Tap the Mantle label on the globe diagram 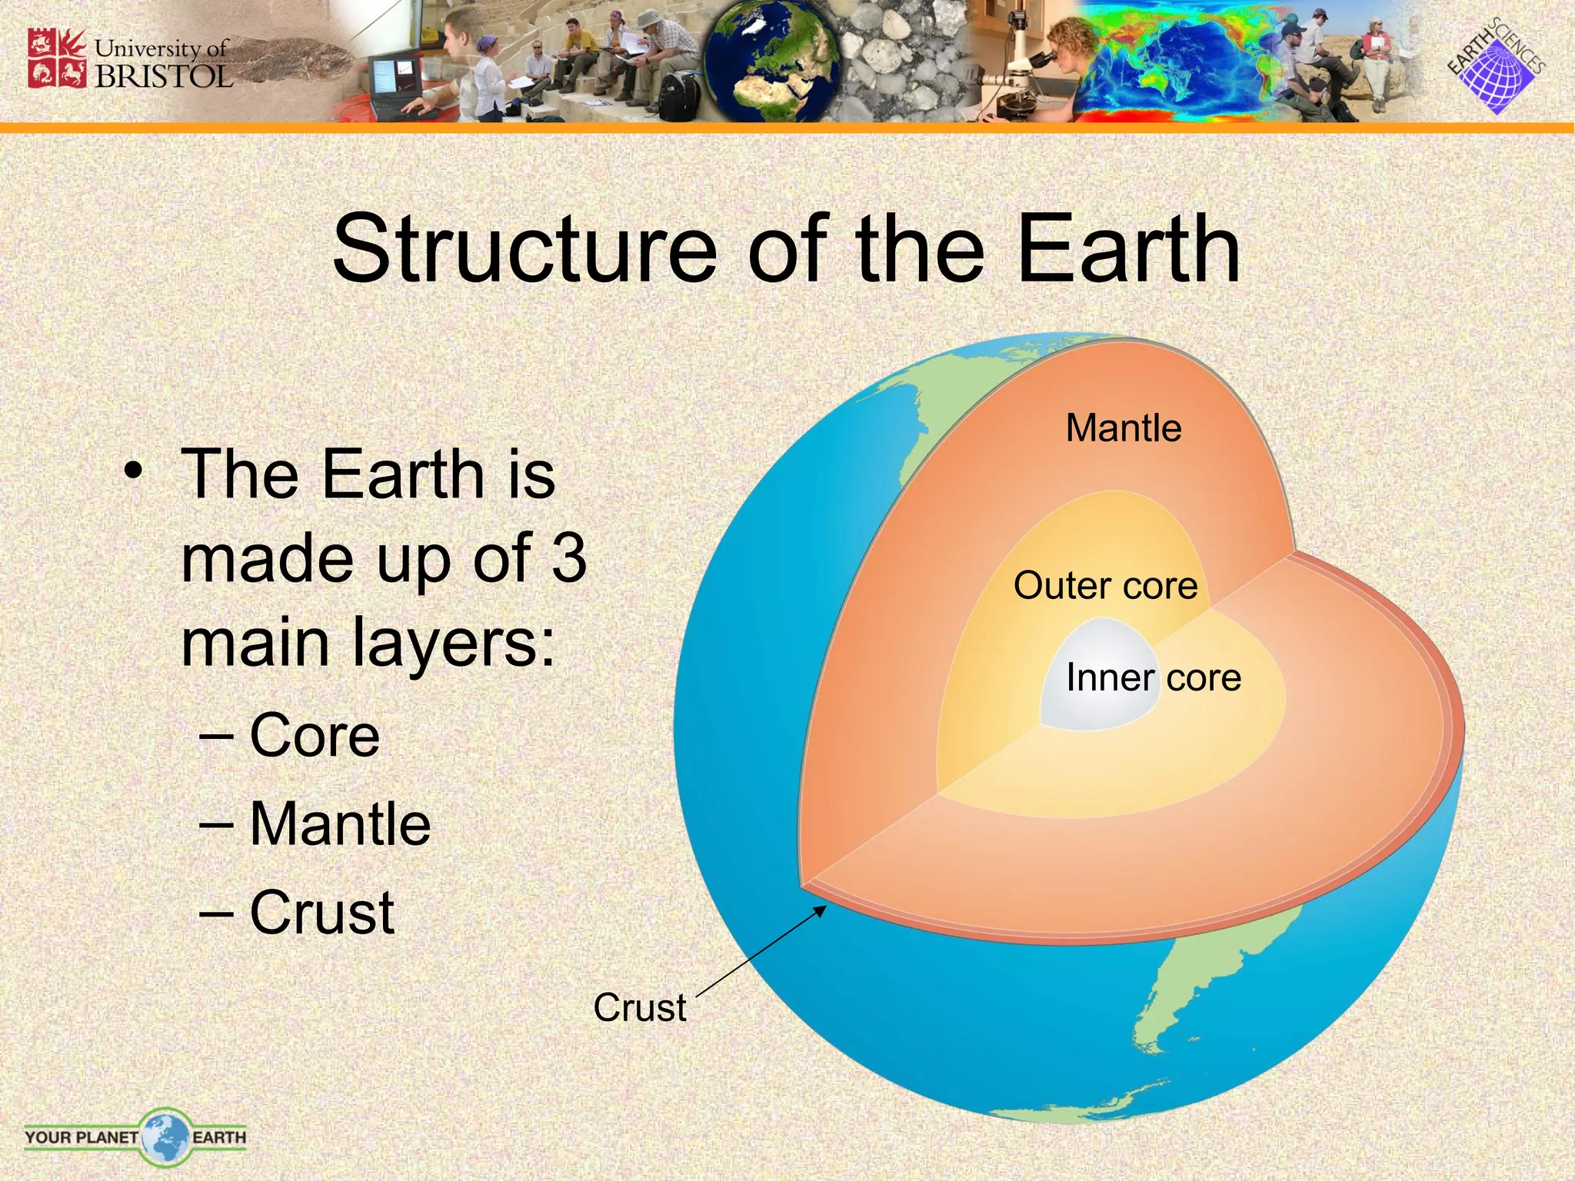1123,428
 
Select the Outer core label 1105,586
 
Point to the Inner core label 1153,678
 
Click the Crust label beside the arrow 639,1007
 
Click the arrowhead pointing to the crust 821,911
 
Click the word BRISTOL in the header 163,76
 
